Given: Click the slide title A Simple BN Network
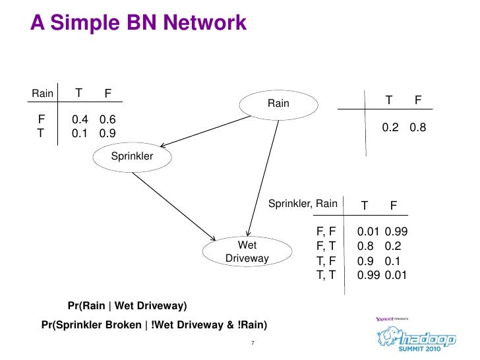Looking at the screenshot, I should (138, 24).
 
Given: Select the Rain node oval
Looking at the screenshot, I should (278, 104).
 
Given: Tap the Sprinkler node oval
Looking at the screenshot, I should (131, 156).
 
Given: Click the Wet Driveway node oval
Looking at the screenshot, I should (247, 252).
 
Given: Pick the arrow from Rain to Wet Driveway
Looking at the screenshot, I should (260, 175).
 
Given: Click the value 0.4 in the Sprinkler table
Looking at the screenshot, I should (80, 119).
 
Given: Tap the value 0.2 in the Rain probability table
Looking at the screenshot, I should (390, 128).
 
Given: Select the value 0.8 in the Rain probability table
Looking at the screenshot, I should (418, 128).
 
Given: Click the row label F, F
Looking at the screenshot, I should (326, 231).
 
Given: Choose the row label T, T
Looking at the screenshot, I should (326, 274).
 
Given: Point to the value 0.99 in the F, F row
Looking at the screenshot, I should (396, 231).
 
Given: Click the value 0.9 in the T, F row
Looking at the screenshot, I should (366, 260).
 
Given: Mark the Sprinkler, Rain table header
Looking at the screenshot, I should (303, 204).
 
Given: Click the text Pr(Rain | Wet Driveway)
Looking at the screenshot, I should (127, 306).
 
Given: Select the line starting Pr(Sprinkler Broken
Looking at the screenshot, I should (154, 325).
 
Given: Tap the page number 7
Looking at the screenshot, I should (252, 343).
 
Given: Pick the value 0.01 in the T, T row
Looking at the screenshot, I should (396, 275).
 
